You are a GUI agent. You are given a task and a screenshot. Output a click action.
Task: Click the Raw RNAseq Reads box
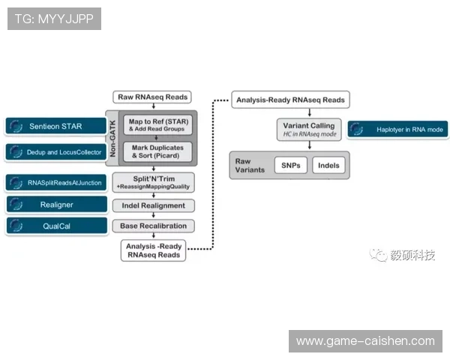pos(152,97)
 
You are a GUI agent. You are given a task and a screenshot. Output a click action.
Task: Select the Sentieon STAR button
pos(55,126)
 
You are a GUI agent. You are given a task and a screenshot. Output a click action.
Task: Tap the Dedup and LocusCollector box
pos(55,152)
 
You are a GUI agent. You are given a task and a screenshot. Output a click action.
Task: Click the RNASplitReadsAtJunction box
pos(55,182)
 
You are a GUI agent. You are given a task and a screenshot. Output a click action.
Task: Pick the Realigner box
pos(56,205)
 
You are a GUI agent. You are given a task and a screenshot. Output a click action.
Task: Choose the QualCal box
pos(56,226)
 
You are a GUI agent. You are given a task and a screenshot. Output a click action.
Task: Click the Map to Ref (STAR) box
pos(157,125)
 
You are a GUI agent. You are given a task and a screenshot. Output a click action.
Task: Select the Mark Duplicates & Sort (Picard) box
pos(157,151)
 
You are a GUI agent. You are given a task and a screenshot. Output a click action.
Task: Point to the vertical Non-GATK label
pos(112,138)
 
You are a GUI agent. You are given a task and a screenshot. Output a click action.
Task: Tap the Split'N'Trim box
pos(153,182)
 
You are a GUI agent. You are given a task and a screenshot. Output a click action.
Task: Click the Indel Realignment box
pos(153,205)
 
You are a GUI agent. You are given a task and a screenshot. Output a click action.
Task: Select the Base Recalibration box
pos(153,226)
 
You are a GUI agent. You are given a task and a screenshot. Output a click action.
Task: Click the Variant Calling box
pos(309,130)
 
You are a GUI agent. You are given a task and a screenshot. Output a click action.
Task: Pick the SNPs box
pos(291,165)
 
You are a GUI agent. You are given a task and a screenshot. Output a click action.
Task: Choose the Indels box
pos(328,165)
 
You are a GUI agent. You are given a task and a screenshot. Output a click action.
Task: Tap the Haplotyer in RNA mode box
pos(397,130)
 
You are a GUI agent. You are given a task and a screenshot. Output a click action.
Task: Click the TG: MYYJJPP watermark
pos(54,19)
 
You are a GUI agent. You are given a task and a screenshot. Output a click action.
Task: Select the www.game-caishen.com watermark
pos(365,341)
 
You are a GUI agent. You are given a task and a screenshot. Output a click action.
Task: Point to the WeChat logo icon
pos(379,255)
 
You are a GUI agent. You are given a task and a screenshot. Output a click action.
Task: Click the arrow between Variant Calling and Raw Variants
pos(310,145)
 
